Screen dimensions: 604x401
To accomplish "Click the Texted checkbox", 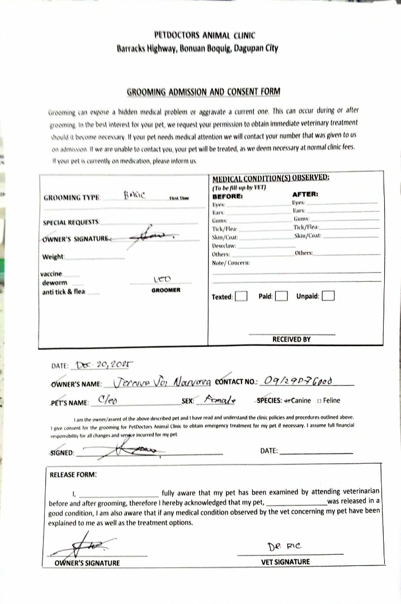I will [x=241, y=296].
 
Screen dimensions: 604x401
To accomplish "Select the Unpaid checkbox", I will [x=328, y=296].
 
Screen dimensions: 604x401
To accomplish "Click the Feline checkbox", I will [x=319, y=400].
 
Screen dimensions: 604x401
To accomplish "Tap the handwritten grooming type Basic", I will [x=134, y=195].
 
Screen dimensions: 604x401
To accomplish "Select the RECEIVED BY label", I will [x=291, y=339].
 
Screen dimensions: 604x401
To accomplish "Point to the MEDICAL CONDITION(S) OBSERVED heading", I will [x=271, y=177].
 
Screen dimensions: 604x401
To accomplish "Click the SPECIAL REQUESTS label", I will [x=72, y=223].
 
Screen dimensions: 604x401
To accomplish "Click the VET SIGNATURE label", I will [x=285, y=561].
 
